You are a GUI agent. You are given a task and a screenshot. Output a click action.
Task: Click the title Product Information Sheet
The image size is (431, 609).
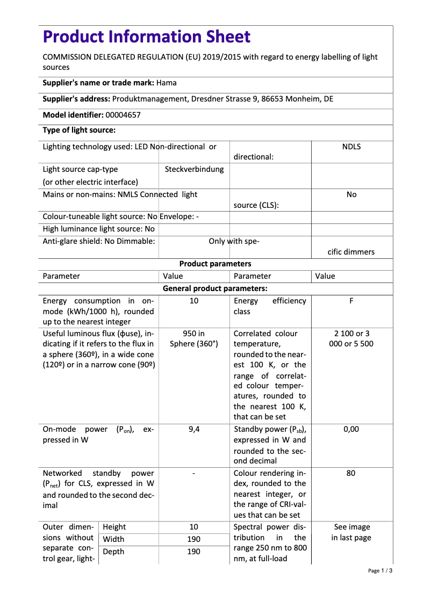146,37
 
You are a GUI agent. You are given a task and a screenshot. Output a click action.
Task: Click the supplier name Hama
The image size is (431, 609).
167,83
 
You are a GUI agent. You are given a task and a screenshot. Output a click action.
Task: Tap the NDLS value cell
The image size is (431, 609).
351,147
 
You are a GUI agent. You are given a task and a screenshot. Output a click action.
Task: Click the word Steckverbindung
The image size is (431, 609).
194,169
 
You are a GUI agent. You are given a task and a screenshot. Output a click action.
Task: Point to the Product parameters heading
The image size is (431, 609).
215,264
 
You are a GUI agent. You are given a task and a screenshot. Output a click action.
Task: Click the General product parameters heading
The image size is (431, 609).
215,288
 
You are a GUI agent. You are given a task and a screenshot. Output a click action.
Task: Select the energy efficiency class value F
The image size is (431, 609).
351,301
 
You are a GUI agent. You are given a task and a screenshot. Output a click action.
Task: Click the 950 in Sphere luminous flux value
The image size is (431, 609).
194,338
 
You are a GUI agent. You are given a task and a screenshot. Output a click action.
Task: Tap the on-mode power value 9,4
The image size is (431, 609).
194,429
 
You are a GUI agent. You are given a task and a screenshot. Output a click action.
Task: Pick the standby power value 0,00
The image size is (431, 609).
351,429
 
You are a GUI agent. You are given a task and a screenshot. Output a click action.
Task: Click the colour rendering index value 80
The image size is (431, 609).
351,473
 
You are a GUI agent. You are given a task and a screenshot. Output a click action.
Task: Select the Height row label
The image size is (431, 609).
114,527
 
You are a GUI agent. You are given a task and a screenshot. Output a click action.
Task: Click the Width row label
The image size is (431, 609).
113,539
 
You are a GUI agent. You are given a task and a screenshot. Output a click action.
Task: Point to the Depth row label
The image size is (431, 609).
113,552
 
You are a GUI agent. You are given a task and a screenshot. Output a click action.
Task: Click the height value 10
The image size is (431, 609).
194,527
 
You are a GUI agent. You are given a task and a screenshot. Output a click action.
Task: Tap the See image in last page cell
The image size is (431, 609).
351,532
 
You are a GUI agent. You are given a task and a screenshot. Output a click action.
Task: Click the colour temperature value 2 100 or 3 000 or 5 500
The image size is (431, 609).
351,338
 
